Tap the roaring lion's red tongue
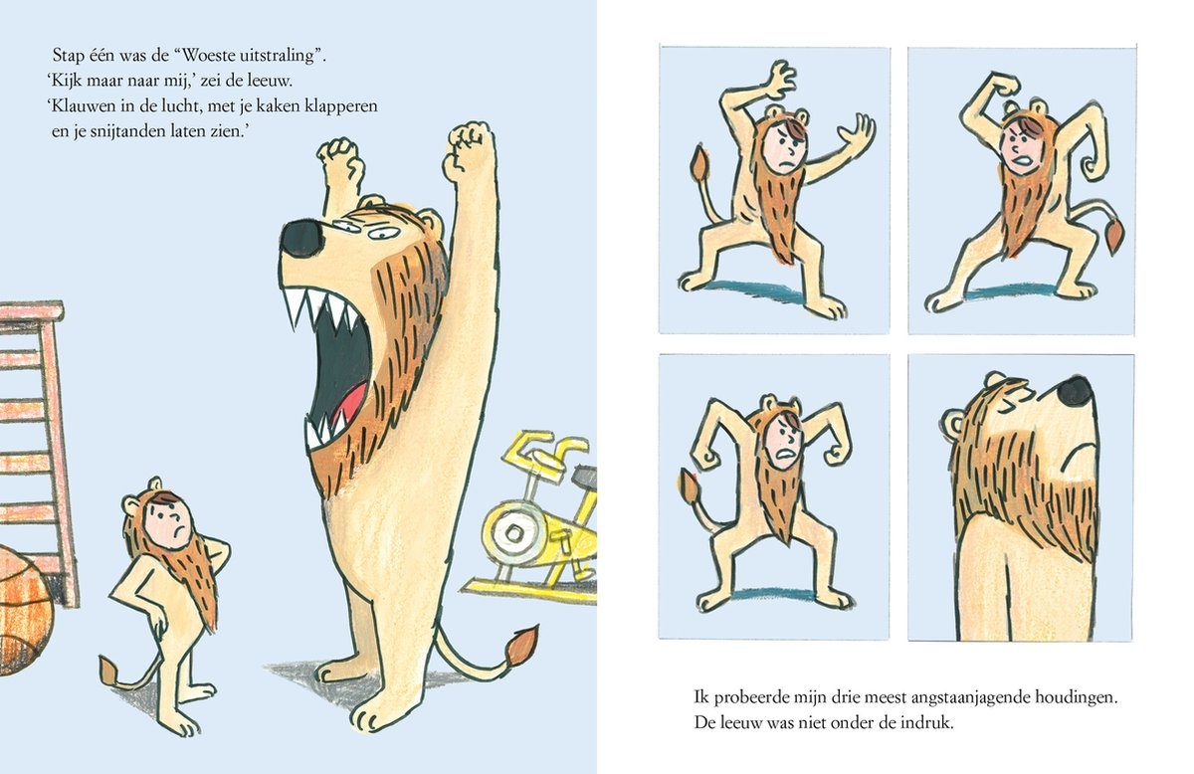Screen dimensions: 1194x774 pyautogui.click(x=348, y=403)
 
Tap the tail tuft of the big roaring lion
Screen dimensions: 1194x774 pyautogui.click(x=519, y=647)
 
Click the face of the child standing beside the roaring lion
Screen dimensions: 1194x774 pyautogui.click(x=169, y=524)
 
